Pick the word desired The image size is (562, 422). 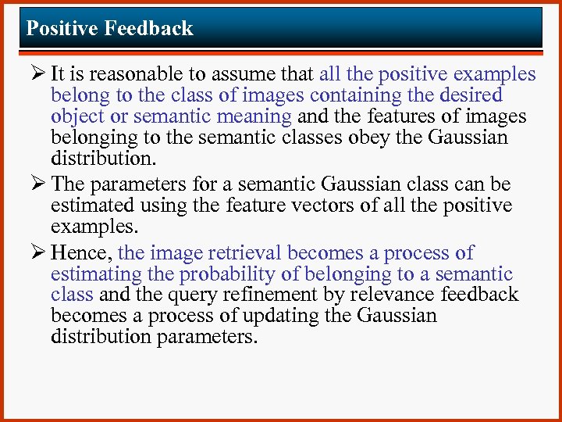click(471, 95)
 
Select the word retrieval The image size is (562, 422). click(242, 253)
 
